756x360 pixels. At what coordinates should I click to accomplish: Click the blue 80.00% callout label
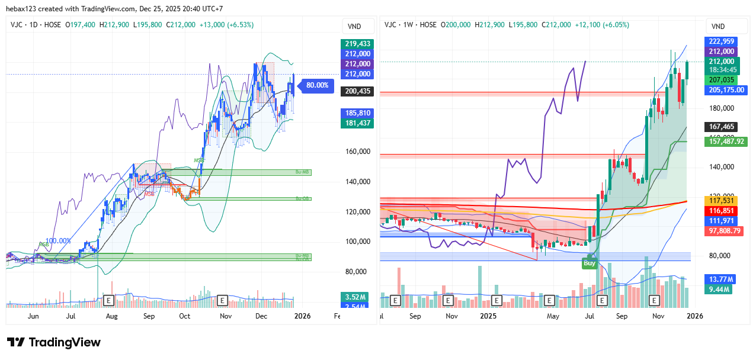coord(317,85)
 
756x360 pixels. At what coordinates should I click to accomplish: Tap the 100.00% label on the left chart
coord(58,241)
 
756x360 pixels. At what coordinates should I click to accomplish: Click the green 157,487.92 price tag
coord(725,142)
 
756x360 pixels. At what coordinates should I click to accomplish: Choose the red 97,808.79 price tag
coord(723,231)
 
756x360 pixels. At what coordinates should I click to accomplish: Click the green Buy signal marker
coord(590,263)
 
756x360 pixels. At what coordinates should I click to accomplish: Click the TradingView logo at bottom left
coord(54,342)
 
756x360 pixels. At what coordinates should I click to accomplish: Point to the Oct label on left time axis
coord(185,317)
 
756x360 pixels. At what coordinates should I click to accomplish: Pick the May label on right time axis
coord(553,317)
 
